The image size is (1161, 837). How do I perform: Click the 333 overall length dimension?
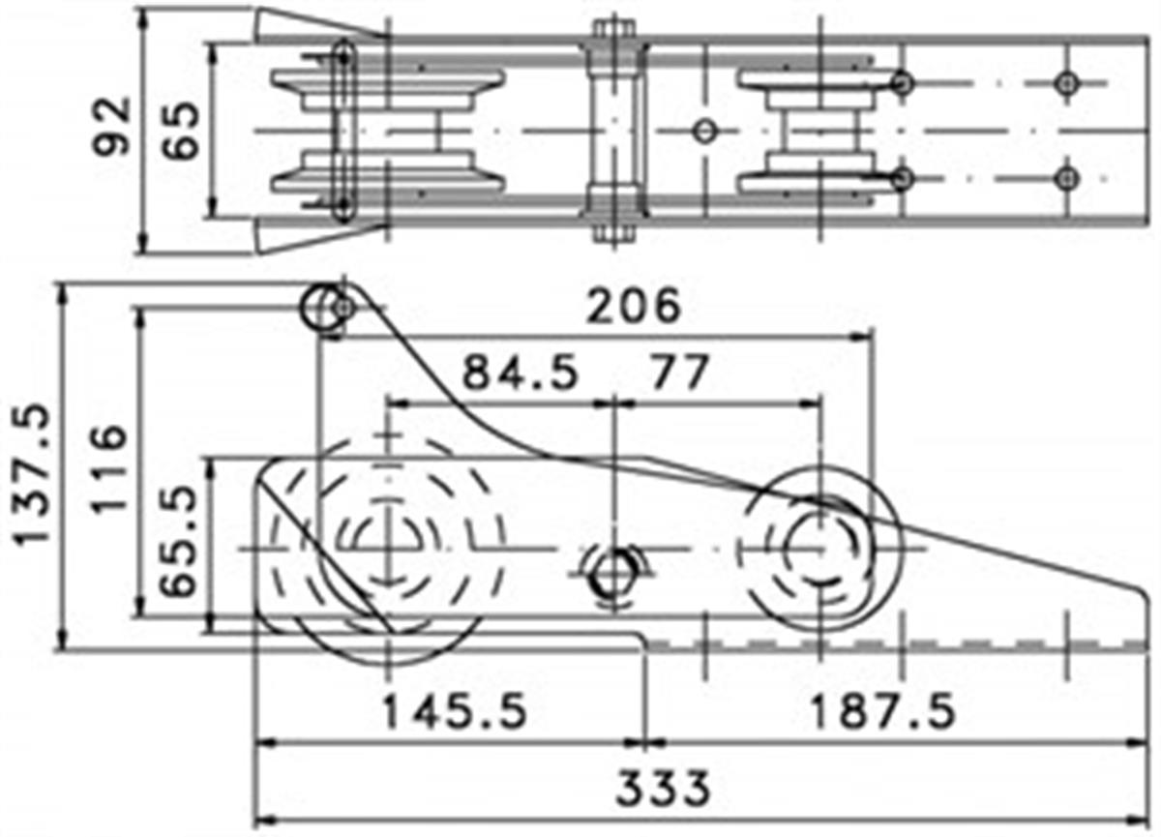[663, 789]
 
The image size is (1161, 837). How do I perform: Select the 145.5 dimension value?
[455, 711]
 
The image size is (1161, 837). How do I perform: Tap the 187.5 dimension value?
[881, 711]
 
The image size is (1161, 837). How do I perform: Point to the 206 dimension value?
[634, 306]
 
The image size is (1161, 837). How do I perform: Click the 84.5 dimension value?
[520, 373]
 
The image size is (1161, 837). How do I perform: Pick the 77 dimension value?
[679, 372]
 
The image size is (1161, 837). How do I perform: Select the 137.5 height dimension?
[32, 475]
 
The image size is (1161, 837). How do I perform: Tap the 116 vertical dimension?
[109, 468]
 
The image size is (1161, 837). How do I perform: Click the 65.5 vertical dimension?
[178, 542]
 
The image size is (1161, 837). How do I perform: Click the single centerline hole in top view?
[705, 132]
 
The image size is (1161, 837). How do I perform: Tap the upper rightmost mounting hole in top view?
[1066, 83]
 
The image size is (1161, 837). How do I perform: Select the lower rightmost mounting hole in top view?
[1066, 179]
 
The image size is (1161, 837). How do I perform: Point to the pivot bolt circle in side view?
[614, 574]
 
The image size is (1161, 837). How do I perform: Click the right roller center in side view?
[819, 548]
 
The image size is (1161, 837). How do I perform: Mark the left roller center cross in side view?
[389, 548]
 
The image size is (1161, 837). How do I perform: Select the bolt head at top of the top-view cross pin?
[614, 28]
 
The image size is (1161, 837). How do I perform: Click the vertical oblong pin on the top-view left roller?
[342, 132]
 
